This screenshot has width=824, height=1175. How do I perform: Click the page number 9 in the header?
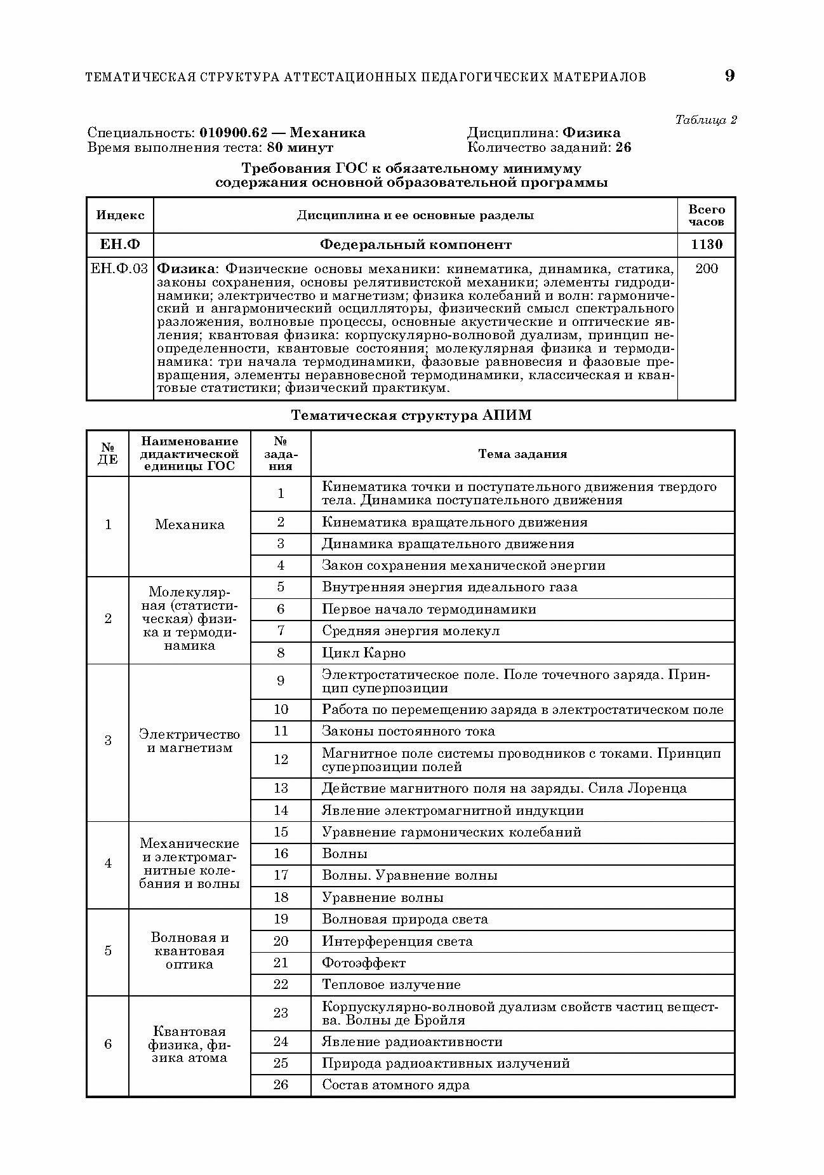coord(729,76)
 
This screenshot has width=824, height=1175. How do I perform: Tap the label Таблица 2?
coord(705,119)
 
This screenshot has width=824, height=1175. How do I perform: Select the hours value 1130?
coord(706,245)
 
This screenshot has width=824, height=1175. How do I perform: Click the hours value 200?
coord(706,269)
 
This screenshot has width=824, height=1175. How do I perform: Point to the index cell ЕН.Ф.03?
coord(119,269)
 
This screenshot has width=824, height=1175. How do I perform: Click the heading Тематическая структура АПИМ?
coord(411,415)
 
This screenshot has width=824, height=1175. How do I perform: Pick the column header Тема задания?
coord(522,454)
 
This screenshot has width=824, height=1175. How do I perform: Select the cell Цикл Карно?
coord(364,653)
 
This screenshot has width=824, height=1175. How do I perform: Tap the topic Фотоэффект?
coord(364,963)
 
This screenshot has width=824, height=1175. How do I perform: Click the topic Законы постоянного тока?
coord(408,731)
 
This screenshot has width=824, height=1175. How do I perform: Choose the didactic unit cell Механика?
coord(189,525)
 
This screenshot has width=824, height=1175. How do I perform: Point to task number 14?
coord(281,810)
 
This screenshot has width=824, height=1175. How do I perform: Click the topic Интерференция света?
coord(397,941)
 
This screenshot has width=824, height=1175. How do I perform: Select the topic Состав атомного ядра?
coord(396,1085)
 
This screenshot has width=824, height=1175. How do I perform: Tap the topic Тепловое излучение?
coord(391,984)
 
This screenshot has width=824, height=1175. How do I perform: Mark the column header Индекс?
coord(120,215)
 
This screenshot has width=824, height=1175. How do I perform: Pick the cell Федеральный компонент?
coord(415,245)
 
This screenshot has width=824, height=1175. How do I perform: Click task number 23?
coord(281,1013)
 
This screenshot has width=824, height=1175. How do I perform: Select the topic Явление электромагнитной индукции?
coord(453,810)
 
